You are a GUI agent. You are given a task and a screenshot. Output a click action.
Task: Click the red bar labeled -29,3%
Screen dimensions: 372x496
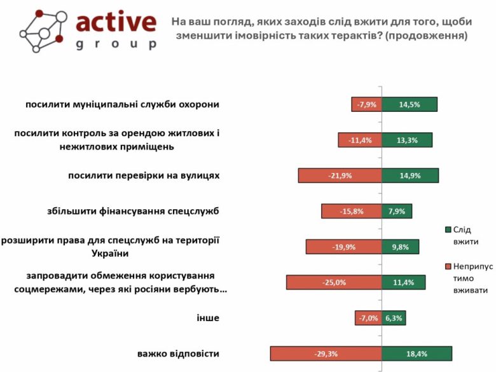[x=326, y=354]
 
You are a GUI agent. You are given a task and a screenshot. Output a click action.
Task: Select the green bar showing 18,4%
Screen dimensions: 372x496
[x=417, y=354]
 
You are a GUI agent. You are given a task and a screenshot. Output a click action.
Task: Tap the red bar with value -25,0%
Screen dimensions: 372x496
[x=334, y=282]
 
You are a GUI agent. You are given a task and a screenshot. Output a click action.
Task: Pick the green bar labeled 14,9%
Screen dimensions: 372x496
[x=410, y=176]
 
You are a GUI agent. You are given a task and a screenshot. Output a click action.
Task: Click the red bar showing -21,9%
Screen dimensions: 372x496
[x=340, y=176]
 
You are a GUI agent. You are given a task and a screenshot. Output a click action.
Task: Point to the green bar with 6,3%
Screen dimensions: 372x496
[x=394, y=318]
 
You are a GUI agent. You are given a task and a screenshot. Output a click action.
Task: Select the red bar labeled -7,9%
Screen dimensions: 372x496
[x=367, y=104]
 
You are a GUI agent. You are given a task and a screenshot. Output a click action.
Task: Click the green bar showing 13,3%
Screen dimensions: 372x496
[x=407, y=140]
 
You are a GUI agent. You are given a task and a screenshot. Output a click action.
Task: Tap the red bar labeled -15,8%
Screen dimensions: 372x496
[x=351, y=211]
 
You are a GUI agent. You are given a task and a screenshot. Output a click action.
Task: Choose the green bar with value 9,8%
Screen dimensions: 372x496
[x=401, y=247]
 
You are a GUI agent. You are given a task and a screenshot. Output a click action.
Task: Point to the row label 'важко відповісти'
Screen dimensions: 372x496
[x=178, y=354]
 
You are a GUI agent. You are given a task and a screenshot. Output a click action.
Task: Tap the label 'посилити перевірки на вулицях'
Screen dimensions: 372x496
[x=144, y=176]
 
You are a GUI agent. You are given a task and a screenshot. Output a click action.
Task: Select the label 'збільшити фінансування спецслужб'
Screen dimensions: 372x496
[x=134, y=211]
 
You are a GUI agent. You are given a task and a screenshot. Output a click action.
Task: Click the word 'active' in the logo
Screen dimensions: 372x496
[x=116, y=23]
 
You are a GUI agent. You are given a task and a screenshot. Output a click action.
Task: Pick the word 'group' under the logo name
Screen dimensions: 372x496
[x=116, y=45]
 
